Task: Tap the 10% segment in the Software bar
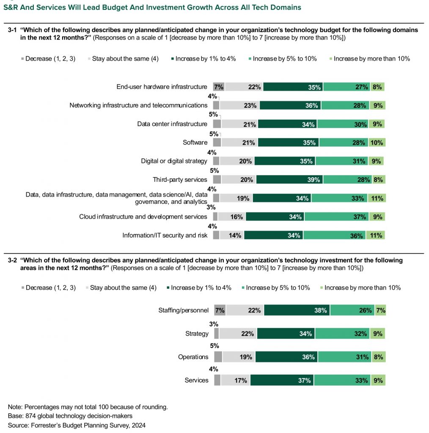point(376,143)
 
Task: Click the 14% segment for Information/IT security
point(231,236)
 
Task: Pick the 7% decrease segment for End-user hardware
point(218,87)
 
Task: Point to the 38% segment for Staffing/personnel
point(297,310)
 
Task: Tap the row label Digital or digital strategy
point(174,161)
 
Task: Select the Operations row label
point(193,357)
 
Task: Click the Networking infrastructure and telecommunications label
point(138,105)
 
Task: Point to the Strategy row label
point(197,334)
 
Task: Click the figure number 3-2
point(12,260)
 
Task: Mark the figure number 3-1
point(12,30)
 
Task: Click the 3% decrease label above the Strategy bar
point(214,324)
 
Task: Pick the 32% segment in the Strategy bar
point(343,334)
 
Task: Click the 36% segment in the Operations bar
point(287,357)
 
